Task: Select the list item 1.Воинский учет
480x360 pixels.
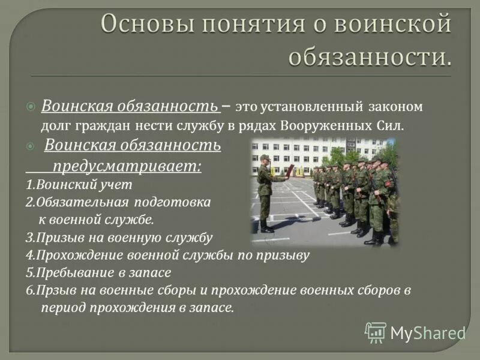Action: click(x=79, y=185)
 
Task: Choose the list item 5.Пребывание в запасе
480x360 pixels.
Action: click(x=99, y=272)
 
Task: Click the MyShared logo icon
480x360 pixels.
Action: click(x=376, y=332)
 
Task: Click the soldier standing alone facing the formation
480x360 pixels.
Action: click(x=265, y=192)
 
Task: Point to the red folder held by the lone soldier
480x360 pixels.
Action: click(x=290, y=170)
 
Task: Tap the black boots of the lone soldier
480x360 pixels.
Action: click(x=266, y=228)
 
